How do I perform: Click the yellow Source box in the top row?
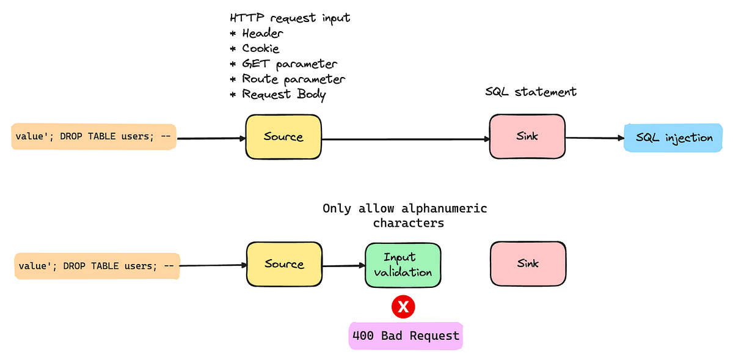(283, 136)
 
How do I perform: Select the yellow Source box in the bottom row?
(284, 264)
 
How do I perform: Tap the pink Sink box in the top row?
(527, 136)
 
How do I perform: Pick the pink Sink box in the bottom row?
(528, 263)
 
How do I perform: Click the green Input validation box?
(403, 265)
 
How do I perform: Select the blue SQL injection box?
(674, 138)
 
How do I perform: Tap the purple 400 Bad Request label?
(406, 336)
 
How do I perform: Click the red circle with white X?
(403, 307)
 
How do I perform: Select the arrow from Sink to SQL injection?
(594, 138)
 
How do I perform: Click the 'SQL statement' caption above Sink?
(530, 92)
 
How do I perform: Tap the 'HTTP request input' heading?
(290, 18)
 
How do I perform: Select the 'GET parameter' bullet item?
(290, 64)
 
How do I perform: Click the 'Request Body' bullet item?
(283, 94)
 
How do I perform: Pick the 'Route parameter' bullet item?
(293, 79)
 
